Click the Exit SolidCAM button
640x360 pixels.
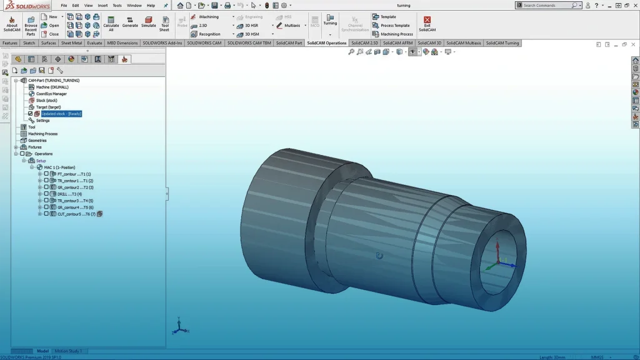(427, 24)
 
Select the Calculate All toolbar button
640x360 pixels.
(111, 24)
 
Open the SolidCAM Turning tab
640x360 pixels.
(502, 43)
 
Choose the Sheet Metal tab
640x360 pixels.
(71, 43)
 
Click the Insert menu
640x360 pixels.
(102, 6)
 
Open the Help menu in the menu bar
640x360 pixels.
(151, 6)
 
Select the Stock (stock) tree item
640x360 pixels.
(46, 101)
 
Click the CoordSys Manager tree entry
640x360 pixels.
(51, 94)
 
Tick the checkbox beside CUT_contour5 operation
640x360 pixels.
(46, 214)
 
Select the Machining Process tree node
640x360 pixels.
(42, 134)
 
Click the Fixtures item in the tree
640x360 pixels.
(34, 147)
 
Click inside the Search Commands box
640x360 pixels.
(547, 5)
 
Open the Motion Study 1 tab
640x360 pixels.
(69, 351)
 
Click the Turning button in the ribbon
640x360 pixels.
(330, 22)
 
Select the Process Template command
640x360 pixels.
(395, 26)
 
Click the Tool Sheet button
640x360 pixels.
(164, 24)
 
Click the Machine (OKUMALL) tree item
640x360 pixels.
(51, 87)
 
